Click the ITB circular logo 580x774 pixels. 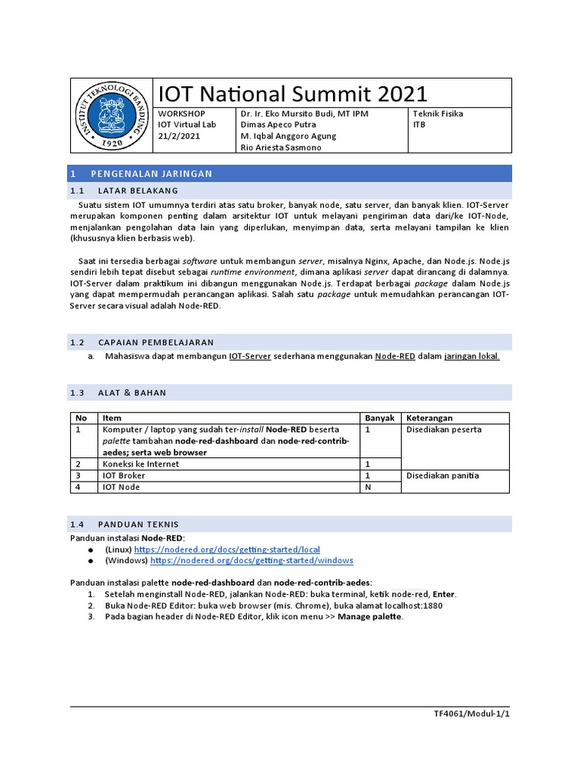point(112,116)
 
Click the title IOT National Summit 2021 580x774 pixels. point(292,94)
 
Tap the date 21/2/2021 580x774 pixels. point(179,136)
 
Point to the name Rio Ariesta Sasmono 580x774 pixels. point(281,147)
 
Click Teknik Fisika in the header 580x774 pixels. point(438,114)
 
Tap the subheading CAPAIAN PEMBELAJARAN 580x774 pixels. point(156,342)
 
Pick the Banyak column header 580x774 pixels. point(380,418)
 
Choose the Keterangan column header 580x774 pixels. point(430,418)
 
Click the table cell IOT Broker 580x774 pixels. point(124,475)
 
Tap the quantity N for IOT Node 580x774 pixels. point(369,488)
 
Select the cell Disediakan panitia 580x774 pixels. point(443,475)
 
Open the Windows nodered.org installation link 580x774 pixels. point(251,561)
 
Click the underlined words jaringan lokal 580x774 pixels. point(472,357)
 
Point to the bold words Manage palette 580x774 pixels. point(370,617)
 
